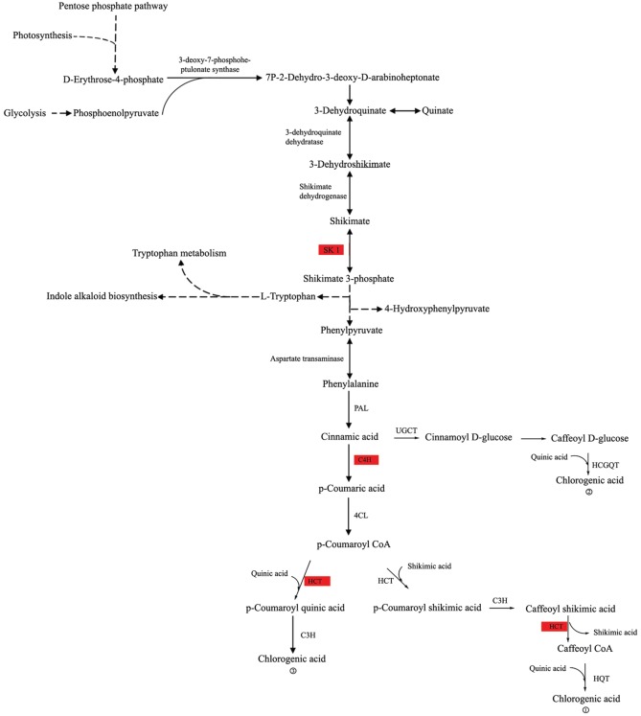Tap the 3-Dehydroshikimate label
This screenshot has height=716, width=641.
350,164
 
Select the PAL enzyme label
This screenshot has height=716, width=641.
361,408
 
